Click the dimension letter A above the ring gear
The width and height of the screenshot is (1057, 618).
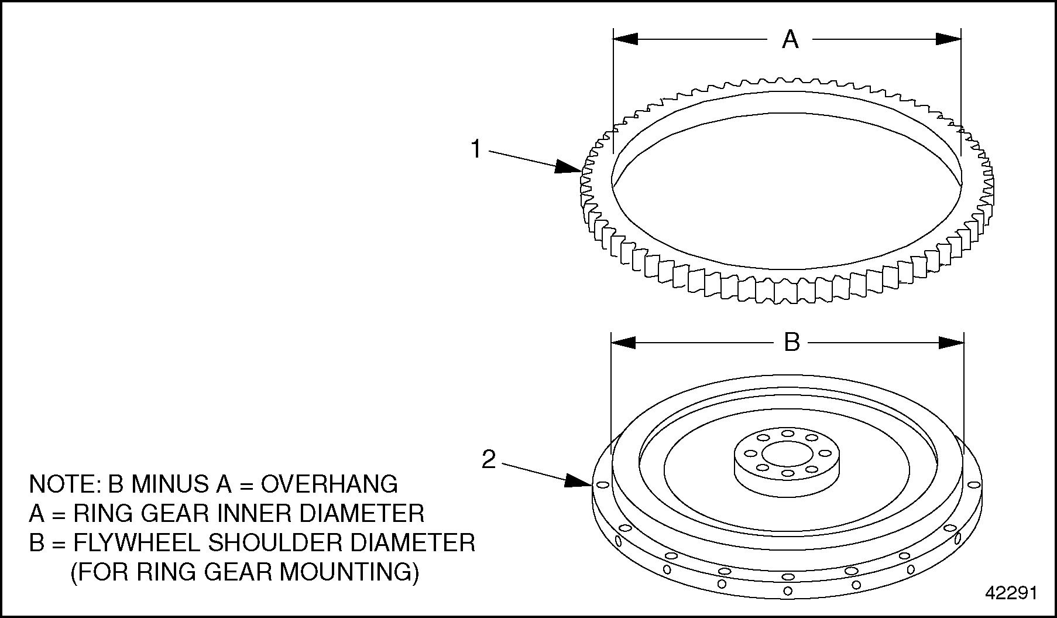(790, 39)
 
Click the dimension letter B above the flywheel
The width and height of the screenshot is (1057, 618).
(791, 343)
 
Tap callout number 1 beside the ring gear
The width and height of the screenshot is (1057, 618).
(476, 150)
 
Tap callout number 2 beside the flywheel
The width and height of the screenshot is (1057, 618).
(489, 460)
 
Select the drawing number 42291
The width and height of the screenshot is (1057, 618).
(1011, 593)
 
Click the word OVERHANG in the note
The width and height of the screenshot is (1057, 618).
(329, 484)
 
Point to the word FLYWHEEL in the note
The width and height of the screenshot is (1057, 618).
(137, 543)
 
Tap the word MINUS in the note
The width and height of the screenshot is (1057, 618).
(166, 484)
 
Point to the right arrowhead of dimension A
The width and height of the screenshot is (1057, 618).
(949, 39)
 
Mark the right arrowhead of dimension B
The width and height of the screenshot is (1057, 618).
(952, 343)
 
